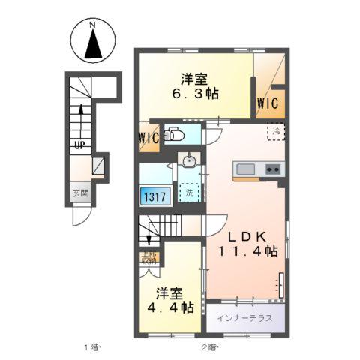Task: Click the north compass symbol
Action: (92, 43)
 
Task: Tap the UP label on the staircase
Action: (78, 145)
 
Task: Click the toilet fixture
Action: (174, 136)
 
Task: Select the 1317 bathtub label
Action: (154, 196)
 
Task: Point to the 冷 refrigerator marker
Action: (275, 131)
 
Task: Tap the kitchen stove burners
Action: (272, 169)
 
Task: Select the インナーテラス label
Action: (244, 316)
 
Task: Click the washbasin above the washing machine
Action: (190, 160)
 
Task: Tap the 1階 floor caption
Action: (92, 347)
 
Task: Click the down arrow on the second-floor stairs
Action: (149, 239)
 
